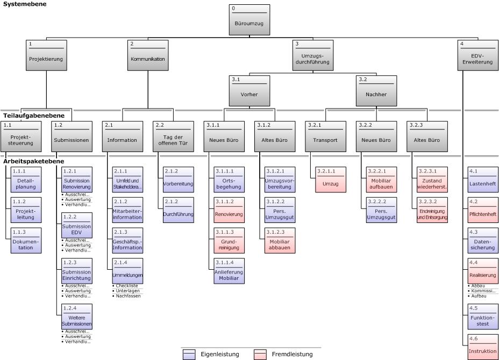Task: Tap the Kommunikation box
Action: click(147, 56)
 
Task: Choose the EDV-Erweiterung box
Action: click(477, 56)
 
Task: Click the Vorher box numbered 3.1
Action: click(249, 91)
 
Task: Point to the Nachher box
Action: click(376, 91)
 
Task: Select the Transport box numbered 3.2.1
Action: click(325, 136)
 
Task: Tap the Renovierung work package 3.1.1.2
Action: click(230, 211)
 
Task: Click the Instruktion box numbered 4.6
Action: click(483, 347)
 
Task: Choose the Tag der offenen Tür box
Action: click(173, 136)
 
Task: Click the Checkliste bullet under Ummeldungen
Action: click(127, 286)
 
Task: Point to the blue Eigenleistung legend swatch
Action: click(189, 354)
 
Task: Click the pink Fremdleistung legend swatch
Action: click(261, 354)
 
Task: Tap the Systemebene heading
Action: click(25, 4)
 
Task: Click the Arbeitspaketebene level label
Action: click(33, 161)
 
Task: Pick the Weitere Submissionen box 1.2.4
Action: click(77, 317)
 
